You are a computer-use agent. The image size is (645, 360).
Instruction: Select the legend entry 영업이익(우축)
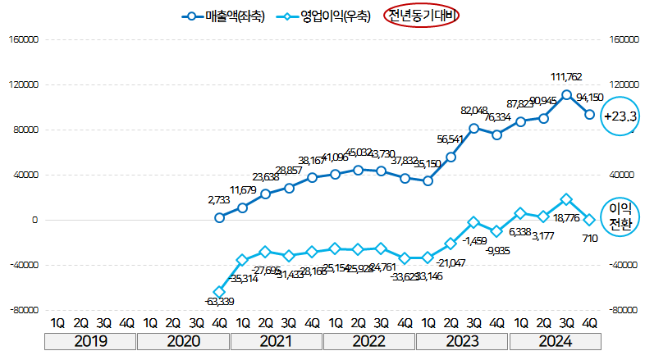click(323, 16)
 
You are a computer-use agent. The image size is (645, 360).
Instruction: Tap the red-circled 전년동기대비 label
click(422, 16)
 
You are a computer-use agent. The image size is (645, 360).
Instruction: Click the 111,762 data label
click(566, 77)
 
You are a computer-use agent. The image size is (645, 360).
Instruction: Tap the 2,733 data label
click(220, 199)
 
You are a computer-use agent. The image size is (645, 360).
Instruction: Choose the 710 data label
click(589, 238)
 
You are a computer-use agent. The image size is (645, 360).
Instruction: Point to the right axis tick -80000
click(624, 311)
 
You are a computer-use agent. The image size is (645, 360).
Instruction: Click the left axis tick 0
click(34, 220)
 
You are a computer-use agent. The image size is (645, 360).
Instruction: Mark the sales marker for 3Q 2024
click(566, 94)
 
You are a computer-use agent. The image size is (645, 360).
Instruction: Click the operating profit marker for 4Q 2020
click(219, 291)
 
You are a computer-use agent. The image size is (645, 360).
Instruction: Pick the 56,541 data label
click(450, 139)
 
